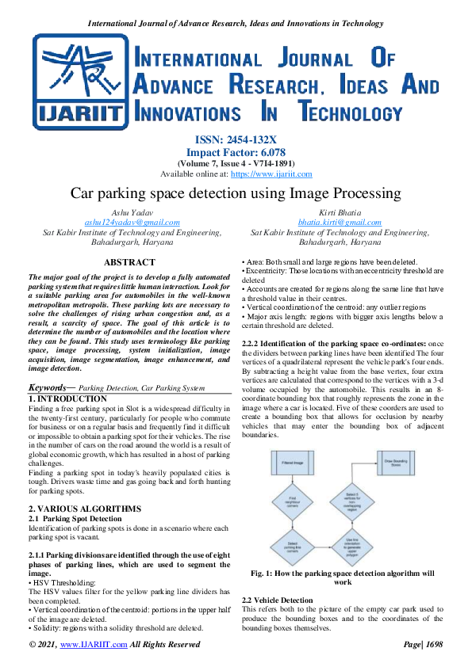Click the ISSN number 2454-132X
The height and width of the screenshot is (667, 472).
(x=255, y=139)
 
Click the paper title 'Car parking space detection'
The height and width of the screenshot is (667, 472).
(x=236, y=194)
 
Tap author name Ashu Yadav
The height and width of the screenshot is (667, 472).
(x=132, y=214)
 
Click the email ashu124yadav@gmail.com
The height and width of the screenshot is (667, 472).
(x=132, y=223)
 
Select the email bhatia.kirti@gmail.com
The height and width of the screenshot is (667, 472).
(x=340, y=223)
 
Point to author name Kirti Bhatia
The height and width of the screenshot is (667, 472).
(x=340, y=214)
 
